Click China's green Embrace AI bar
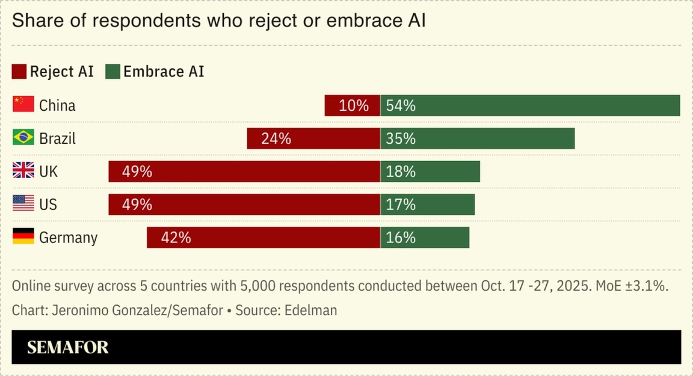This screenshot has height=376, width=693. click(529, 105)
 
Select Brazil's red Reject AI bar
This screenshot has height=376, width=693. click(313, 138)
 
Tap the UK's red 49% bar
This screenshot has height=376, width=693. click(244, 171)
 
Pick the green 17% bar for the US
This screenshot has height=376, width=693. click(427, 205)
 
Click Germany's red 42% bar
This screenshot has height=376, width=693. click(263, 238)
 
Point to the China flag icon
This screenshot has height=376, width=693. click(23, 105)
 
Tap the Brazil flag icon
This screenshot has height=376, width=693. click(23, 138)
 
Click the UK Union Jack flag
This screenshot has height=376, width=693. click(23, 171)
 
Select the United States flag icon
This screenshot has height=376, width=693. click(23, 204)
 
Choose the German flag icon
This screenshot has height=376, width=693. click(23, 237)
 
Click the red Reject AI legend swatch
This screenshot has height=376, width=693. click(19, 72)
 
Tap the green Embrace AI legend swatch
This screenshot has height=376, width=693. click(112, 72)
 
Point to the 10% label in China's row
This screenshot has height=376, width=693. click(354, 106)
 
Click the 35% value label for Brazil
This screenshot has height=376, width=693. click(401, 139)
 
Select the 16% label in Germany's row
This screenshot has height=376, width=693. click(401, 238)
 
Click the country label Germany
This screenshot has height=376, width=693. click(68, 238)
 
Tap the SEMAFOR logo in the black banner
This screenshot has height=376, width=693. click(68, 347)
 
